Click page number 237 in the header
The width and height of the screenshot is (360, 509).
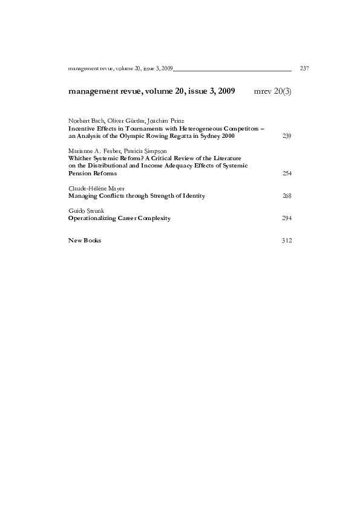304,69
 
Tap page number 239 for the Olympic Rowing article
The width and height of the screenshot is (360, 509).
287,136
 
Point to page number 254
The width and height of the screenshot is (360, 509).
287,173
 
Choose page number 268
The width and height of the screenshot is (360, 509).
287,196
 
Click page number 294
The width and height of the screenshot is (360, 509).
287,218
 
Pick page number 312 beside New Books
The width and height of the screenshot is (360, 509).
287,241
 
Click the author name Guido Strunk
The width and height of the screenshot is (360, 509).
85,210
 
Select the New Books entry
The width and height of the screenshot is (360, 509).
85,241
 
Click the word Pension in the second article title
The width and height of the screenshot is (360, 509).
80,173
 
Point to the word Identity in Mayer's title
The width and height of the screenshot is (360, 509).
192,196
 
